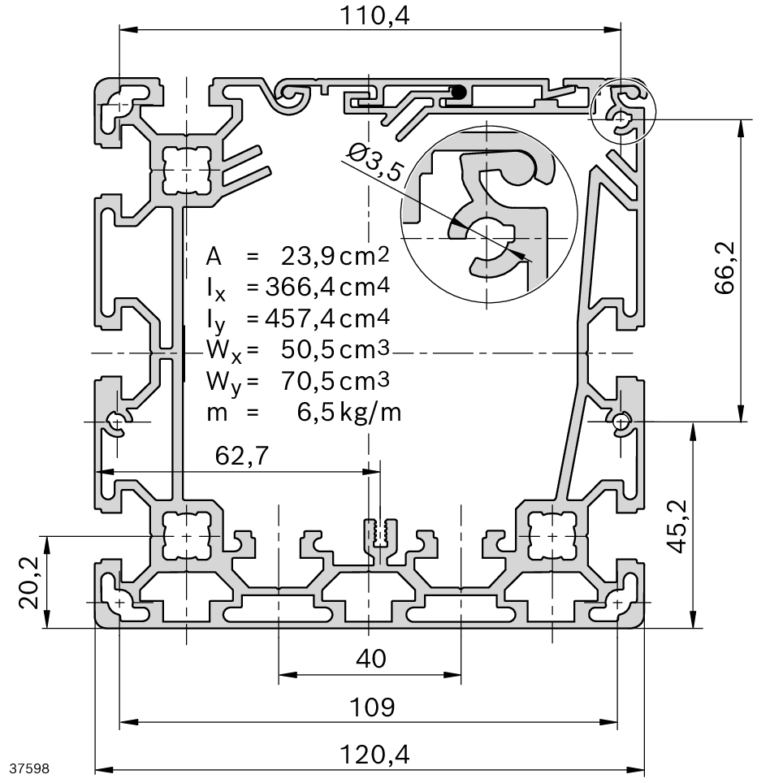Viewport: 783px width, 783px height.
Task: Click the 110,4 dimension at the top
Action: [370, 14]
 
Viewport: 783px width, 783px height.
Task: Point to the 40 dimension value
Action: [370, 659]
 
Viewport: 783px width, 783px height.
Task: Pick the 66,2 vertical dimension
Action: [725, 267]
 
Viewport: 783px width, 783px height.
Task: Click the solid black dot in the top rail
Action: [458, 93]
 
